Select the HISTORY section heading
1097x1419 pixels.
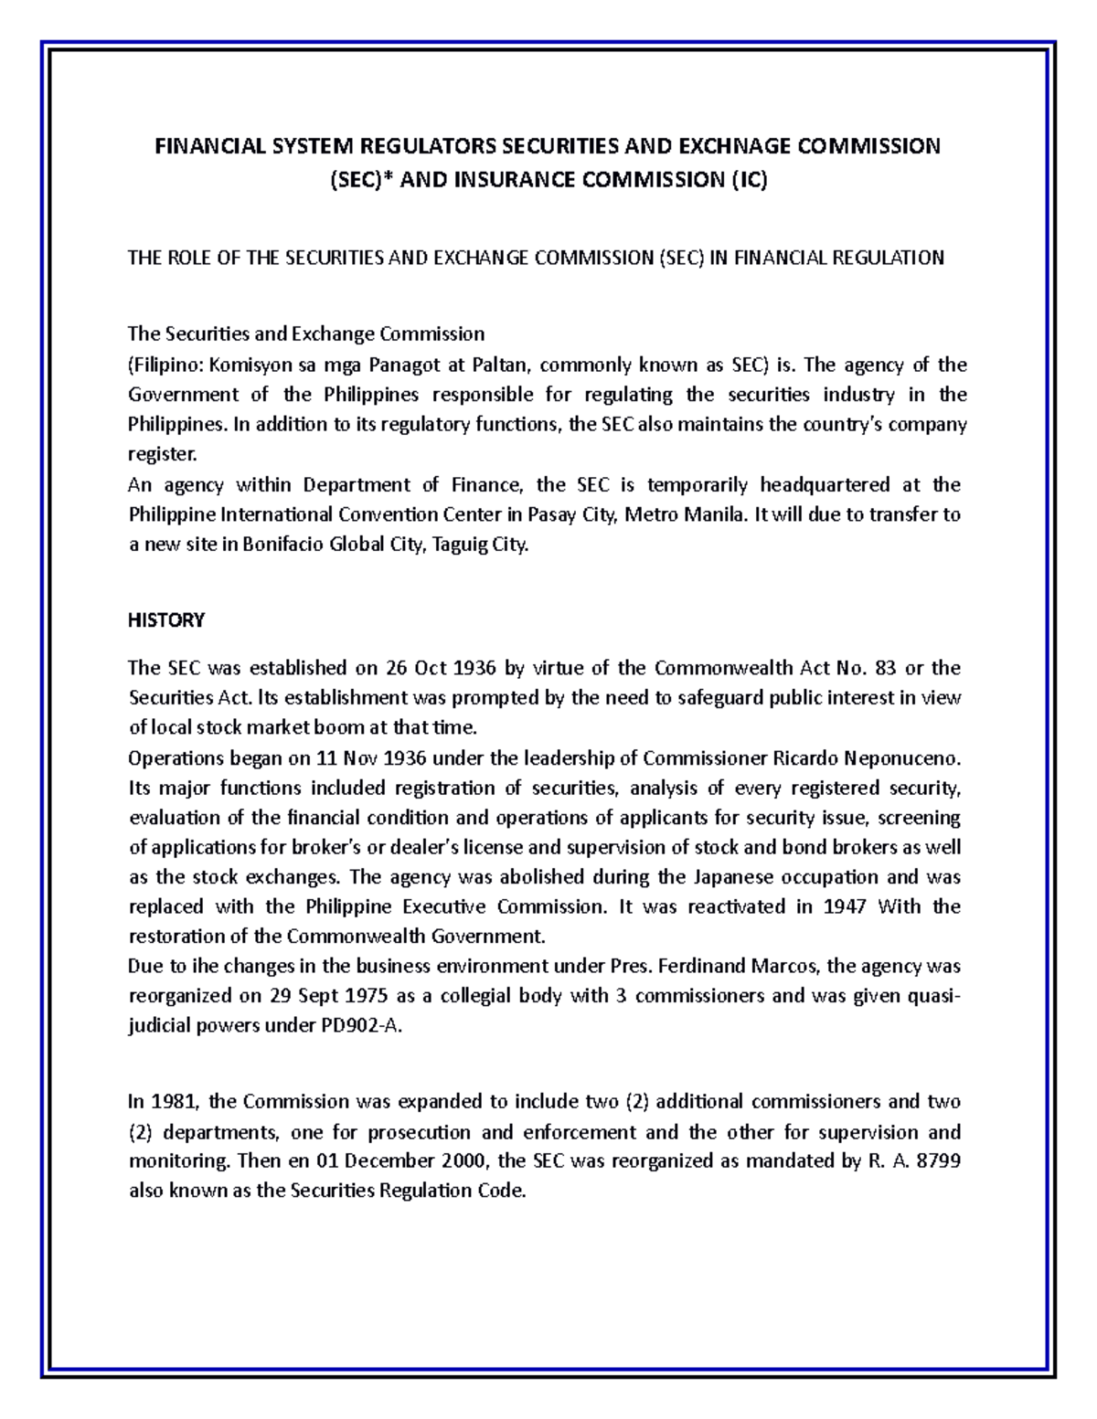coord(166,620)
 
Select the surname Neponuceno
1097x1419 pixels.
coord(900,758)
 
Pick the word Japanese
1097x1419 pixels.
coord(735,877)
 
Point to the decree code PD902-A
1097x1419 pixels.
coord(358,1025)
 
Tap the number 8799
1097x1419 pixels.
coord(934,1162)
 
